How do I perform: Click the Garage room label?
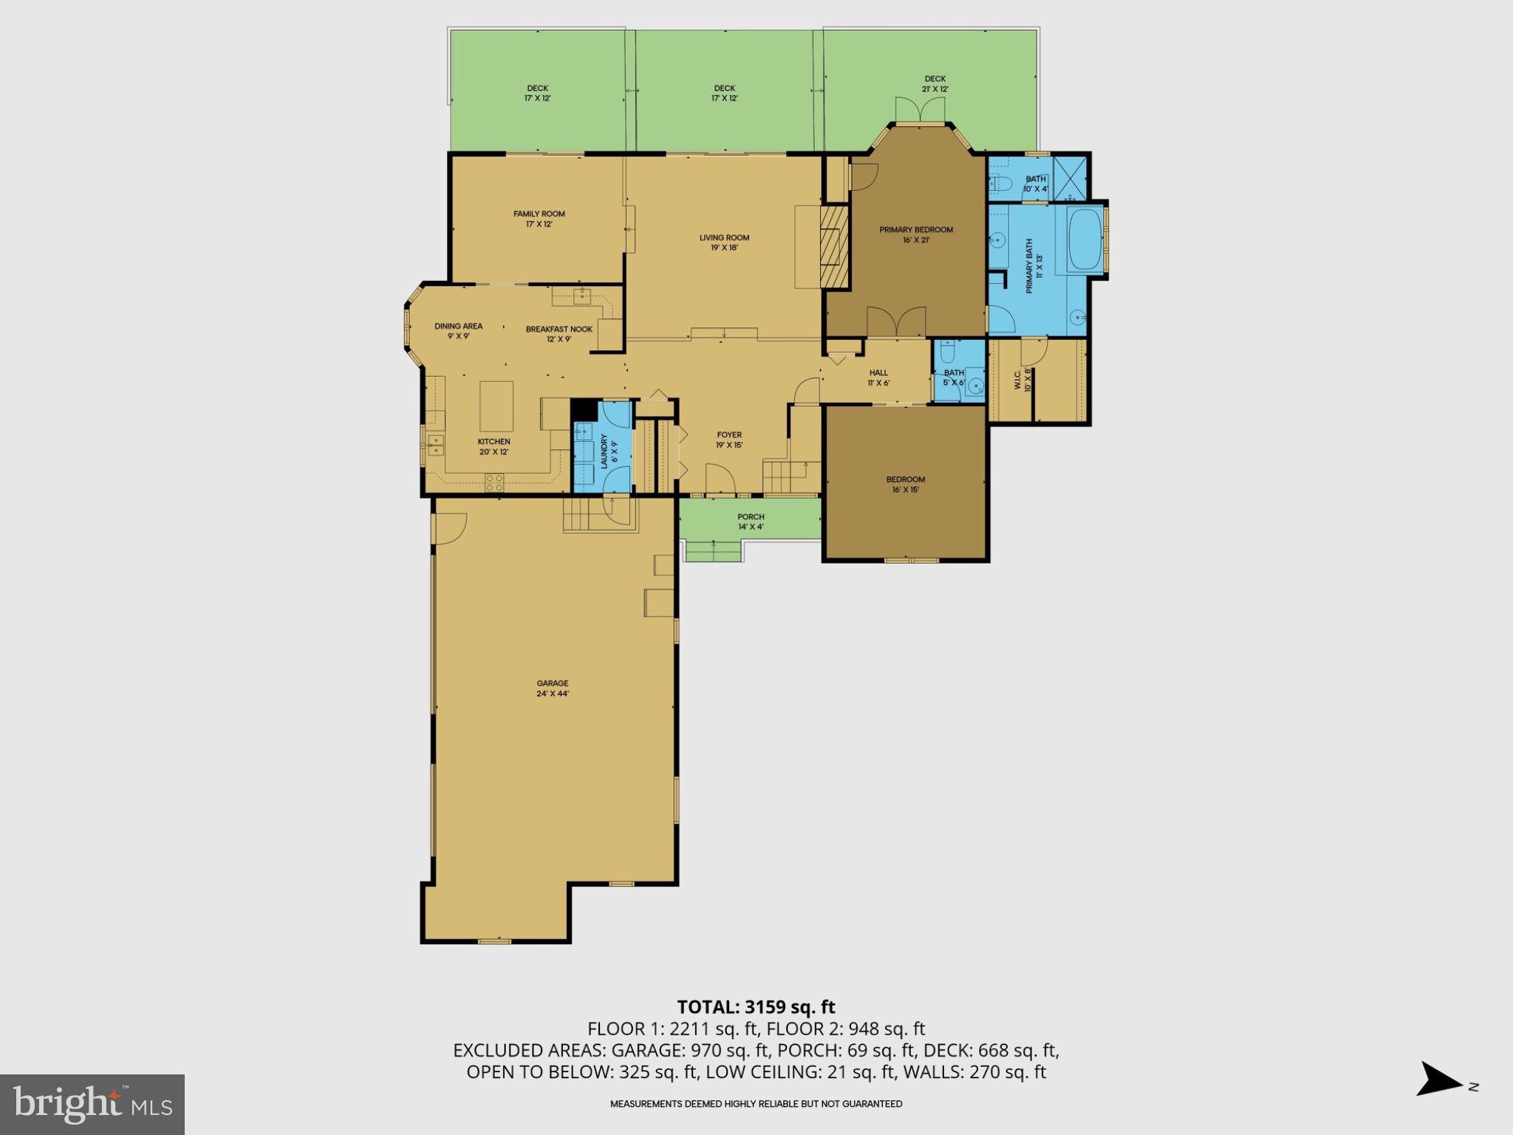[x=552, y=688]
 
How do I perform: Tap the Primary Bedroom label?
[x=915, y=234]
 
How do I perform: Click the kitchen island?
[x=496, y=406]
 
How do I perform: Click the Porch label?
[x=750, y=521]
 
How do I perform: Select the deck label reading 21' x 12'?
[x=935, y=83]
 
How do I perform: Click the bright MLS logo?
[x=92, y=1104]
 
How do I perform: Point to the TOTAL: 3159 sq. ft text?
[x=756, y=1006]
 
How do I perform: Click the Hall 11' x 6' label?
[x=878, y=378]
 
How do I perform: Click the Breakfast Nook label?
[x=559, y=334]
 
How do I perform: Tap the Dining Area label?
[x=458, y=330]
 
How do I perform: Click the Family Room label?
[x=539, y=219]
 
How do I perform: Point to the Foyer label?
[x=728, y=440]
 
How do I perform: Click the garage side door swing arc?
[x=449, y=528]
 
